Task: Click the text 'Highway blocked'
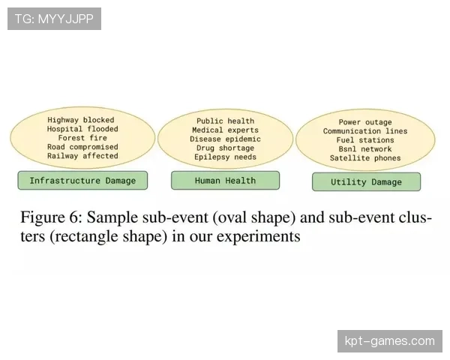coord(81,120)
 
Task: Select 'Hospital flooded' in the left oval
coord(82,129)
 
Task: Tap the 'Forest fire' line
coord(82,138)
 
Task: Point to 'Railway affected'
coord(82,156)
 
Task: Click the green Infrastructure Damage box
coord(82,181)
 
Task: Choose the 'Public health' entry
coord(225,121)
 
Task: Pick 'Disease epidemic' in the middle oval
coord(225,139)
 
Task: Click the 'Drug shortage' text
coord(225,148)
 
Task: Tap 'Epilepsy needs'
coord(225,157)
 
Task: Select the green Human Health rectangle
coord(225,181)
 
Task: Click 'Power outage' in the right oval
coord(365,122)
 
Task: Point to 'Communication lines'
coord(365,131)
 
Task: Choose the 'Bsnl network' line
coord(365,149)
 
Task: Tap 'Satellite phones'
coord(365,158)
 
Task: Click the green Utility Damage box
coord(367,181)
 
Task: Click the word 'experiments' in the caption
coord(259,237)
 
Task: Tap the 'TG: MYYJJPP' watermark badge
coord(54,19)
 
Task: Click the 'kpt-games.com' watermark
coord(390,341)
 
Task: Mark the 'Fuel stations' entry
coord(365,140)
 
